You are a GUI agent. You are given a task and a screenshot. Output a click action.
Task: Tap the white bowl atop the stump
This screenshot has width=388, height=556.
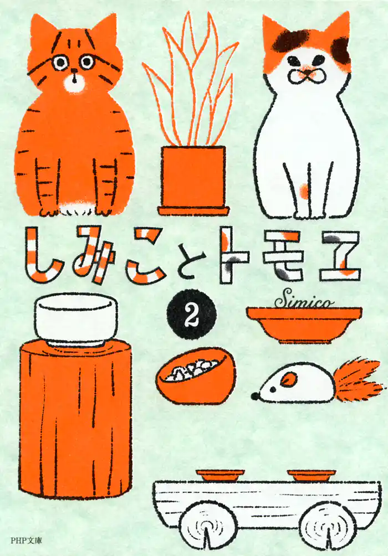[76, 318]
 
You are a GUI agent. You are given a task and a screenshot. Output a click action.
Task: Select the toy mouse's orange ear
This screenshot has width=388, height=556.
[288, 379]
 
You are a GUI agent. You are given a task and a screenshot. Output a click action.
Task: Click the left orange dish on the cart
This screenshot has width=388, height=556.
[220, 475]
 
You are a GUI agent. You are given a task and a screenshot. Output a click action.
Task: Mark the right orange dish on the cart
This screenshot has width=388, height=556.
[311, 475]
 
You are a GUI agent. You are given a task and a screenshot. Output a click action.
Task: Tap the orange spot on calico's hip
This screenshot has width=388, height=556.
[304, 192]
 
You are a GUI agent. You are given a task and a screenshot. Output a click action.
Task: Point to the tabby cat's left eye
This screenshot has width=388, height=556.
[59, 63]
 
